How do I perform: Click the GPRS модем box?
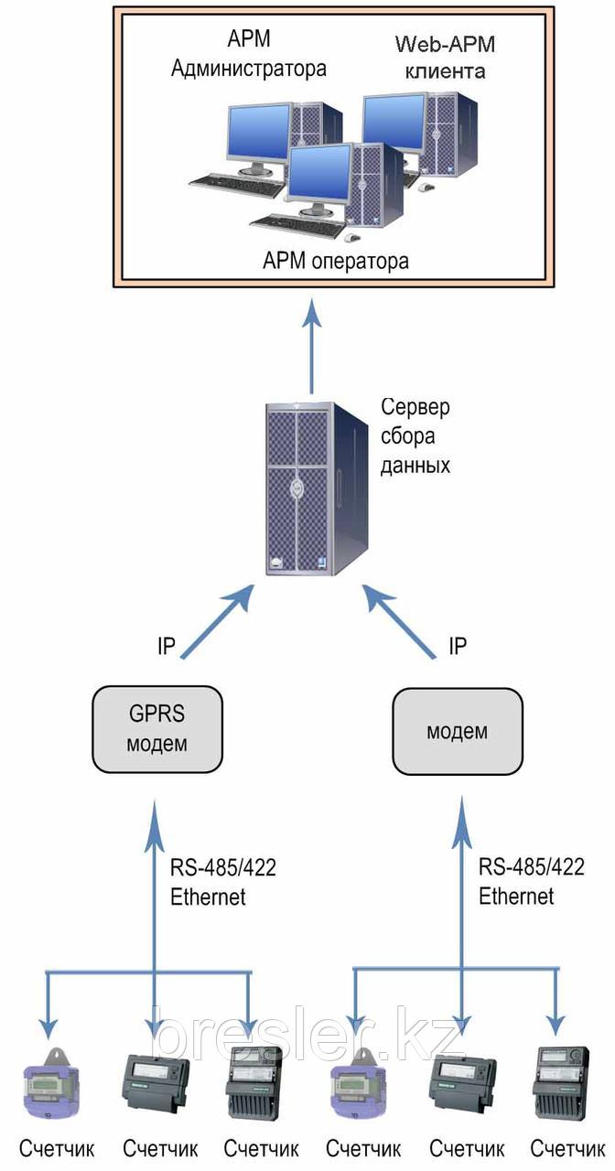tap(157, 729)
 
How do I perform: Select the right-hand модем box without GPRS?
tap(458, 731)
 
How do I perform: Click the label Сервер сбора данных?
tap(415, 435)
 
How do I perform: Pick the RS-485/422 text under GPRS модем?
tap(223, 867)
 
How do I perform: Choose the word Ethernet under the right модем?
tap(516, 896)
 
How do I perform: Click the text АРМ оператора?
tap(336, 262)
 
